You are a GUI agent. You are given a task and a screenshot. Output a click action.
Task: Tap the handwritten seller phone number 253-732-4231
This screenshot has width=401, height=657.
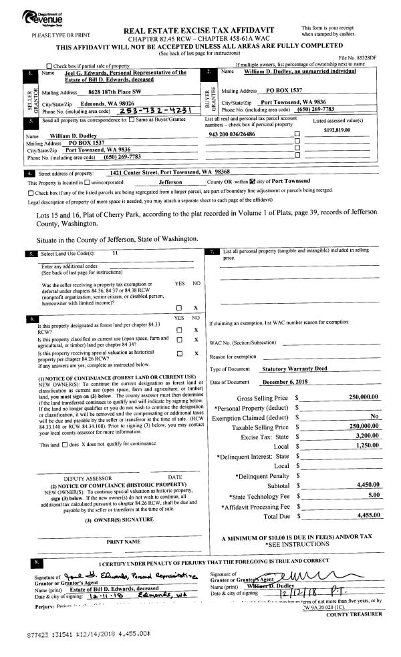(143, 111)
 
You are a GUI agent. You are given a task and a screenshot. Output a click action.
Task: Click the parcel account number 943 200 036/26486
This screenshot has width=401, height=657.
(241, 134)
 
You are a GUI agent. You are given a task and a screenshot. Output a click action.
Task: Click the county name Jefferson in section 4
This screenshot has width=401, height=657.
(173, 181)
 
